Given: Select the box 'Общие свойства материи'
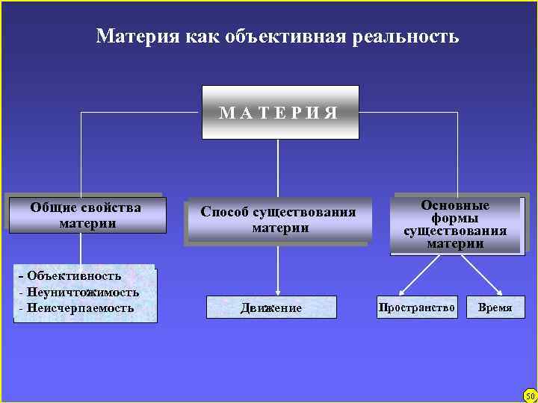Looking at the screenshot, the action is point(86,215).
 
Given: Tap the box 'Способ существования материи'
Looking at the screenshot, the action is point(279,220).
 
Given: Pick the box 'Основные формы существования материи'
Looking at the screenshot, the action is point(455,224).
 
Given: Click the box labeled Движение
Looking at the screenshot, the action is point(271,307).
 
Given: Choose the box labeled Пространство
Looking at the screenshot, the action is point(417,307).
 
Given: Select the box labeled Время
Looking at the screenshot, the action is point(495,307).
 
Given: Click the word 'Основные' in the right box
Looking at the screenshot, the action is point(455,205).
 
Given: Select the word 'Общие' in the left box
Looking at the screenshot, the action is point(55,207).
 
